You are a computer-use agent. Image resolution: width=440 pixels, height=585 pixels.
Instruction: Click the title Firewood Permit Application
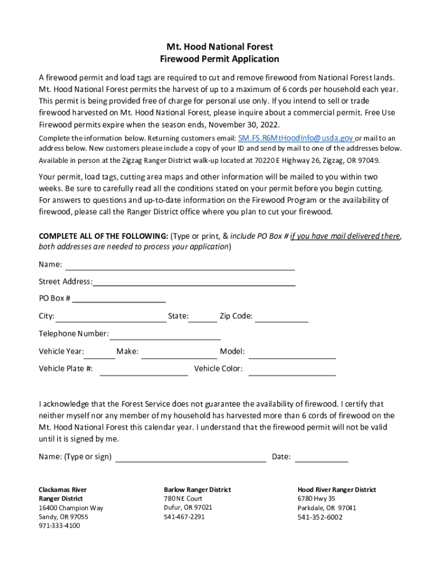220,59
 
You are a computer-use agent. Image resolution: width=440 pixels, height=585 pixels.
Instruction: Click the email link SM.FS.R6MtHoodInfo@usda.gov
296,138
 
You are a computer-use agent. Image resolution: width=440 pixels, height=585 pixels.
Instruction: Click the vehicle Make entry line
179,353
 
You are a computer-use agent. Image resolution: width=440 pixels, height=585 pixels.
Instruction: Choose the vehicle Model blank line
292,353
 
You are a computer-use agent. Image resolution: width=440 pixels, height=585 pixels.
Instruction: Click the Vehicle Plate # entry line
143,370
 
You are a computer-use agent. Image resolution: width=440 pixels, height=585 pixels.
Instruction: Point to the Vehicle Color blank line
292,370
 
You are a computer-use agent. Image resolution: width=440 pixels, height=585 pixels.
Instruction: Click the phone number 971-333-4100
59,526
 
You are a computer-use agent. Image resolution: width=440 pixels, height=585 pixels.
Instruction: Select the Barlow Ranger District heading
198,490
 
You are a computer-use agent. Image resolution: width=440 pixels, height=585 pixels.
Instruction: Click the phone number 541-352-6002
320,517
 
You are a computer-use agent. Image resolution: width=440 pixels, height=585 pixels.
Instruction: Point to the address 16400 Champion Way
71,508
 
